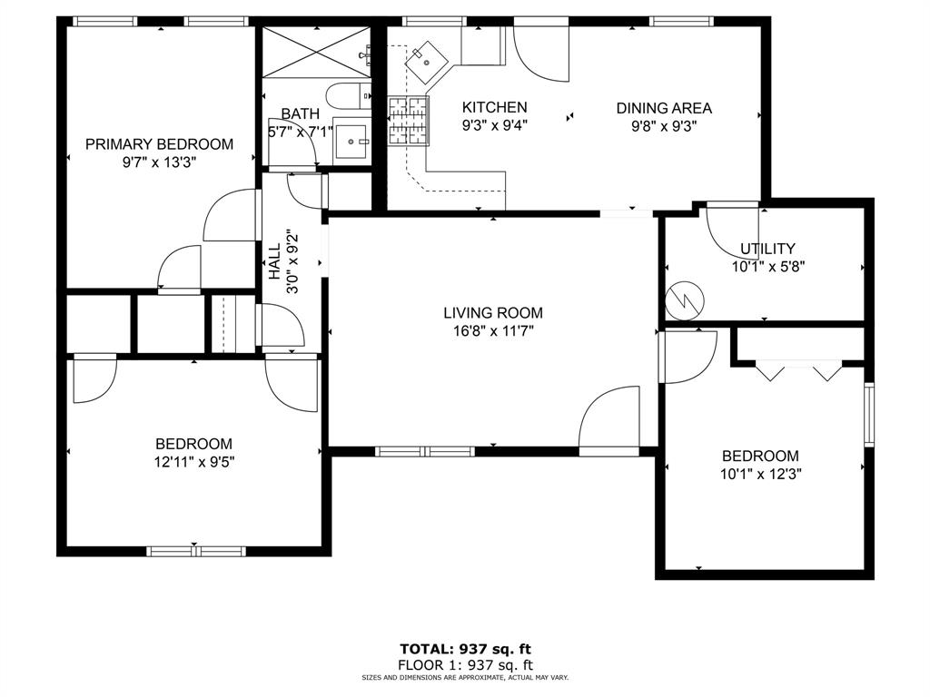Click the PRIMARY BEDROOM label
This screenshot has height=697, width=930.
[159, 144]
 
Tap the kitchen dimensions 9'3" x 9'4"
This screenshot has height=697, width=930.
[494, 127]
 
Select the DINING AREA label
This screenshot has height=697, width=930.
[664, 108]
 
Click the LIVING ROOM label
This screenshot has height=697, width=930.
[493, 313]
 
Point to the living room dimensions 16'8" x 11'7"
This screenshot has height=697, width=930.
[493, 331]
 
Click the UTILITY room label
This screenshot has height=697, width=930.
[767, 249]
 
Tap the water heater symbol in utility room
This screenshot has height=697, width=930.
[684, 300]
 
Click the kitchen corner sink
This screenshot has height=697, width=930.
[424, 64]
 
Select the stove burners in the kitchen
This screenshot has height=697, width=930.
[408, 121]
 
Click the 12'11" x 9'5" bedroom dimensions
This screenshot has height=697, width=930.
[193, 461]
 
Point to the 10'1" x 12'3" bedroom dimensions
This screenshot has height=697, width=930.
[760, 474]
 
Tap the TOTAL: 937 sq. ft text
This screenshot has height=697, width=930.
[464, 649]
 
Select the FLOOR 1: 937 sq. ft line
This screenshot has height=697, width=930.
[464, 664]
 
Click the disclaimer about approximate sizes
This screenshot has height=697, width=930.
[464, 678]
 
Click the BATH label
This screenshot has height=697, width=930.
[300, 114]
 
